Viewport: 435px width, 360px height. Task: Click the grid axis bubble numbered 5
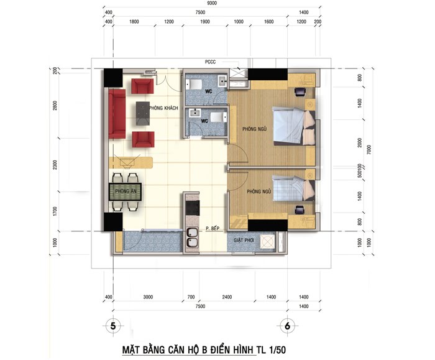pos(113,326)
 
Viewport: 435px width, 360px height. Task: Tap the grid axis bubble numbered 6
pos(287,326)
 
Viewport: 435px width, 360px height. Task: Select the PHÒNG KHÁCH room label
pos(163,108)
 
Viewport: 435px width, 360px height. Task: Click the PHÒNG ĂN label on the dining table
pos(126,192)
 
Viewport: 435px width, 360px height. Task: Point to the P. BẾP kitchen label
pos(213,228)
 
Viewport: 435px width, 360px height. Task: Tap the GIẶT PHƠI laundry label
pos(244,240)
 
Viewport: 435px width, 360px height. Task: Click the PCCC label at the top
pos(210,62)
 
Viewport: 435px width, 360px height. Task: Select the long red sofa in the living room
pos(117,114)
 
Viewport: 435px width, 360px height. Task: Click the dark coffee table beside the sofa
pos(143,114)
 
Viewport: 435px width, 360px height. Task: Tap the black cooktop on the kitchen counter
pos(193,208)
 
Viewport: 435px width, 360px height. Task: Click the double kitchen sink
pos(192,238)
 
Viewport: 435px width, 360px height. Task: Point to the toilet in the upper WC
pos(194,84)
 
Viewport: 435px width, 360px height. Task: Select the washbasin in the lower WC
pos(195,113)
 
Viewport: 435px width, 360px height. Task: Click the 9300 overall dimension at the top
pos(212,3)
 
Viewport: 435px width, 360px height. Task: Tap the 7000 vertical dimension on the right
pos(369,150)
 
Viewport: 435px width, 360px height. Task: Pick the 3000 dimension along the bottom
pos(148,297)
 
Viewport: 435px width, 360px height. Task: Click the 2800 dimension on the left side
pos(55,106)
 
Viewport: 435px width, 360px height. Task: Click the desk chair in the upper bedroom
pos(300,92)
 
